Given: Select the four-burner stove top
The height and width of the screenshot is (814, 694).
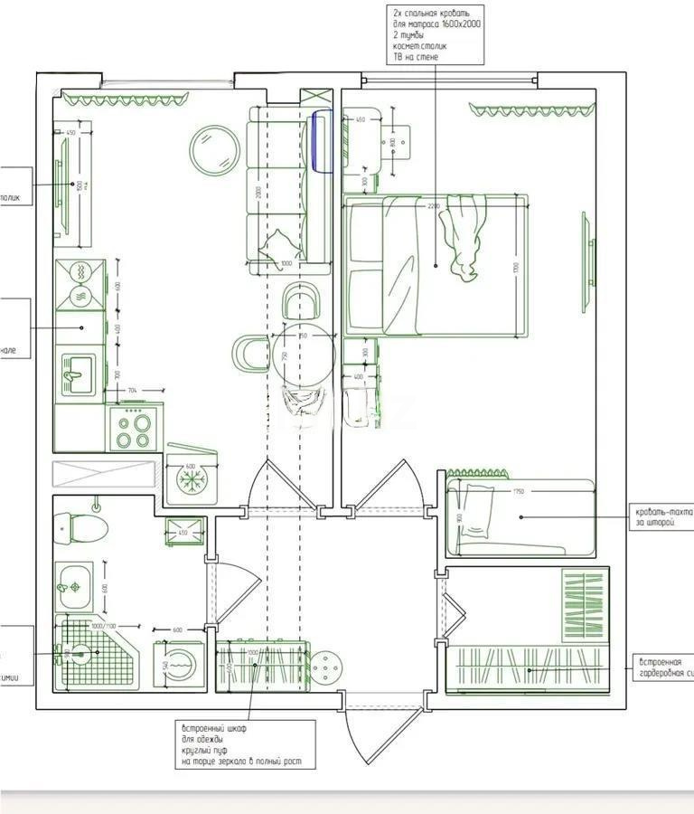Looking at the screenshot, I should coord(133,428).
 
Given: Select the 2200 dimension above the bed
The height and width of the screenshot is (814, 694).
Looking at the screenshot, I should coord(434,205).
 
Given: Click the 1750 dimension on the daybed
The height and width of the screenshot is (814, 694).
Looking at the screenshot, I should coord(518,492).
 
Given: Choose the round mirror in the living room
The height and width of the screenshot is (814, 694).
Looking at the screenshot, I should coord(214,151).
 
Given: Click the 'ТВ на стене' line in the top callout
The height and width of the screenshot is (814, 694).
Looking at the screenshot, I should coord(416,57).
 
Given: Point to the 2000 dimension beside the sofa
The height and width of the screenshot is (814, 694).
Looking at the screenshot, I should coord(258,193).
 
